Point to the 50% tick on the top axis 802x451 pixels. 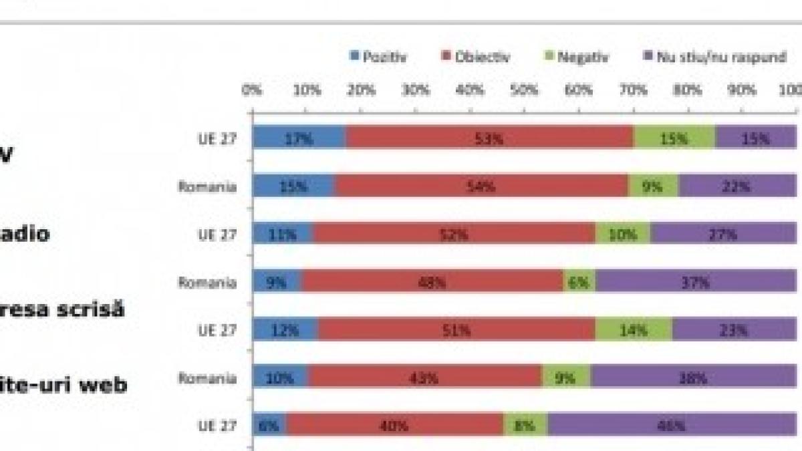(x=524, y=90)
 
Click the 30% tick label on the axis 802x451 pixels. (x=415, y=90)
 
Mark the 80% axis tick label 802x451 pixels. (x=688, y=90)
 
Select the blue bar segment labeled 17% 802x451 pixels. (x=299, y=139)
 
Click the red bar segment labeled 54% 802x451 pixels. (x=481, y=186)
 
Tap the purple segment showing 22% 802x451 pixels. (x=737, y=186)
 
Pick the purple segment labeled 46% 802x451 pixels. (x=672, y=425)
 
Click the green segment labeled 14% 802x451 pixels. (x=634, y=329)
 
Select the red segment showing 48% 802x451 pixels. (x=432, y=283)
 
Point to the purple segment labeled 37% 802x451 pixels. (x=696, y=283)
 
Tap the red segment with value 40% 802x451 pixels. (x=395, y=425)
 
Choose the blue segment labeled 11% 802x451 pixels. (x=283, y=235)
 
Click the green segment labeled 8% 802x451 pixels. (x=525, y=425)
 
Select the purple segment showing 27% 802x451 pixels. (x=723, y=235)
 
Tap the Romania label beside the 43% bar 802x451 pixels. (x=207, y=378)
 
